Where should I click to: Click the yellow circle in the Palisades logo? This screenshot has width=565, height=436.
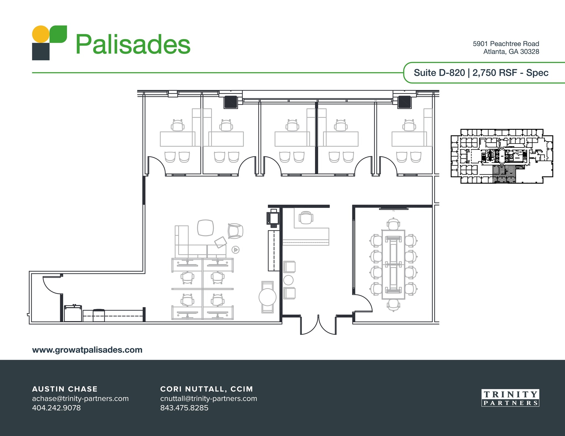(41, 34)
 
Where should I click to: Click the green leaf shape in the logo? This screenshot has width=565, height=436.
(59, 34)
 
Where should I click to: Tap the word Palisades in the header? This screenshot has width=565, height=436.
(133, 44)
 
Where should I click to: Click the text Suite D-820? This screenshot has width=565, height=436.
(439, 73)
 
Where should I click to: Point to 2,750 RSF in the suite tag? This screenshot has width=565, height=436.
(495, 73)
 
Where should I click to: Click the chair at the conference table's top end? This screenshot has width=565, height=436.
(393, 224)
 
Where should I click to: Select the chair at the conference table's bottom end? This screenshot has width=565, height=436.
(393, 305)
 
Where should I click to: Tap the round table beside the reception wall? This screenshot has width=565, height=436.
(267, 297)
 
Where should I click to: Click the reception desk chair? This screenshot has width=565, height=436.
(306, 218)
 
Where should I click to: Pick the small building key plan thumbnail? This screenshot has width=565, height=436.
(502, 156)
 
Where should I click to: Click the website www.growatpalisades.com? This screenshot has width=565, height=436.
(87, 350)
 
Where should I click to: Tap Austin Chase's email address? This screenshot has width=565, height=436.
(80, 399)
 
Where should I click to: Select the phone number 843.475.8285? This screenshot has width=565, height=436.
(184, 408)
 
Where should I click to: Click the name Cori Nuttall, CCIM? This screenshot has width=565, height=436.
(206, 389)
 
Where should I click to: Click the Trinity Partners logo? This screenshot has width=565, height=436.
(510, 398)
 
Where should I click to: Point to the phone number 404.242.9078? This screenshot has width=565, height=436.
(56, 408)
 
